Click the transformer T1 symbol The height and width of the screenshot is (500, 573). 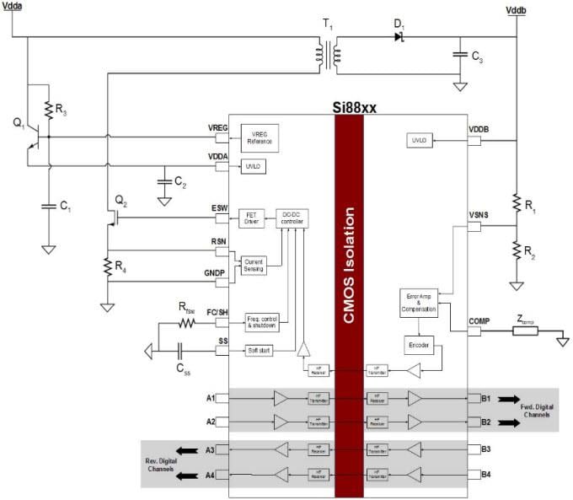tap(328, 55)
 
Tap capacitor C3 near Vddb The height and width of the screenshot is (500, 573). tap(460, 55)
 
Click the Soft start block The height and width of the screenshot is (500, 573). tap(259, 349)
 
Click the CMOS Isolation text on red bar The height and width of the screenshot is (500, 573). tap(349, 253)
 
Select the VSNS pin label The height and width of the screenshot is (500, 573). tap(480, 216)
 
